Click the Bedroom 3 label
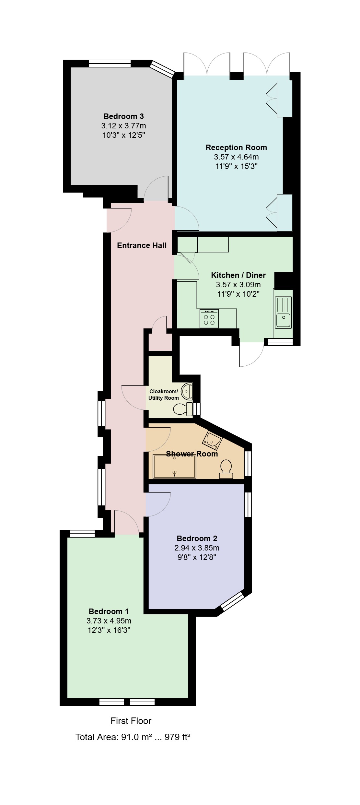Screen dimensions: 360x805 (123, 116)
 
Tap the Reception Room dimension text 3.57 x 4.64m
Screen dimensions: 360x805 (236, 157)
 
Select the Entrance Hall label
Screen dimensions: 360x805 (142, 245)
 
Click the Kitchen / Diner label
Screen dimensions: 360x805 (238, 275)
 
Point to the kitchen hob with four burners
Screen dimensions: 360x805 (209, 318)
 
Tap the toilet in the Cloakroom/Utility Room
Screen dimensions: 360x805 (183, 409)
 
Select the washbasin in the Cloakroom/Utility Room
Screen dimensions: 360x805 (187, 391)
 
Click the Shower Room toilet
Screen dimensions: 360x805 (226, 469)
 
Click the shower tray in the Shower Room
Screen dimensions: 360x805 (175, 467)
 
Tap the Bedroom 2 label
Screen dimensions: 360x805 (197, 539)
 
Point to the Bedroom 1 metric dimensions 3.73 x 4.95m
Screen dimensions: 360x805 (109, 621)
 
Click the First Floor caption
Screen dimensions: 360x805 (131, 721)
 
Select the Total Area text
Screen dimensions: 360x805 (133, 737)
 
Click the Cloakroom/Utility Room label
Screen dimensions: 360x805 (164, 395)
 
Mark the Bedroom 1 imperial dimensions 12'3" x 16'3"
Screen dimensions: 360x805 (109, 630)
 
